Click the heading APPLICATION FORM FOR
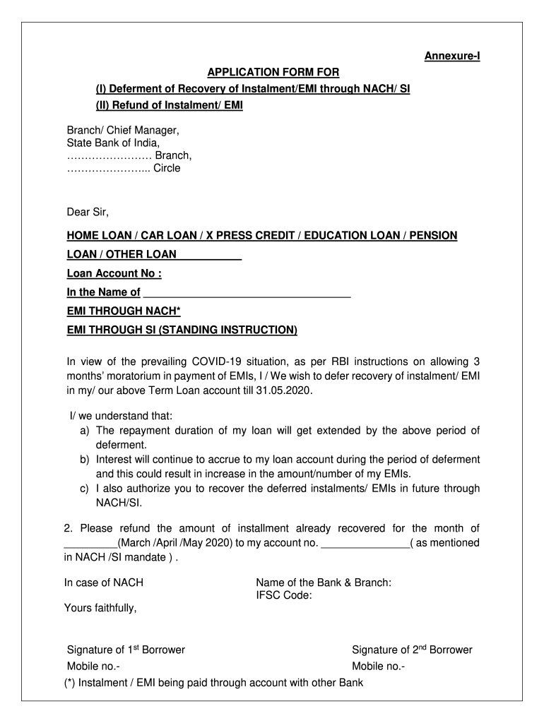point(273,72)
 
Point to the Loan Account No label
point(114,273)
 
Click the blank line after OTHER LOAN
point(209,254)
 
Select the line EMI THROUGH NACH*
point(124,311)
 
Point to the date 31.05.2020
point(285,390)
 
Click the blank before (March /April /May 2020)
point(90,543)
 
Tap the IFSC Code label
point(283,595)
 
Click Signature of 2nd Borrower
point(412,650)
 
